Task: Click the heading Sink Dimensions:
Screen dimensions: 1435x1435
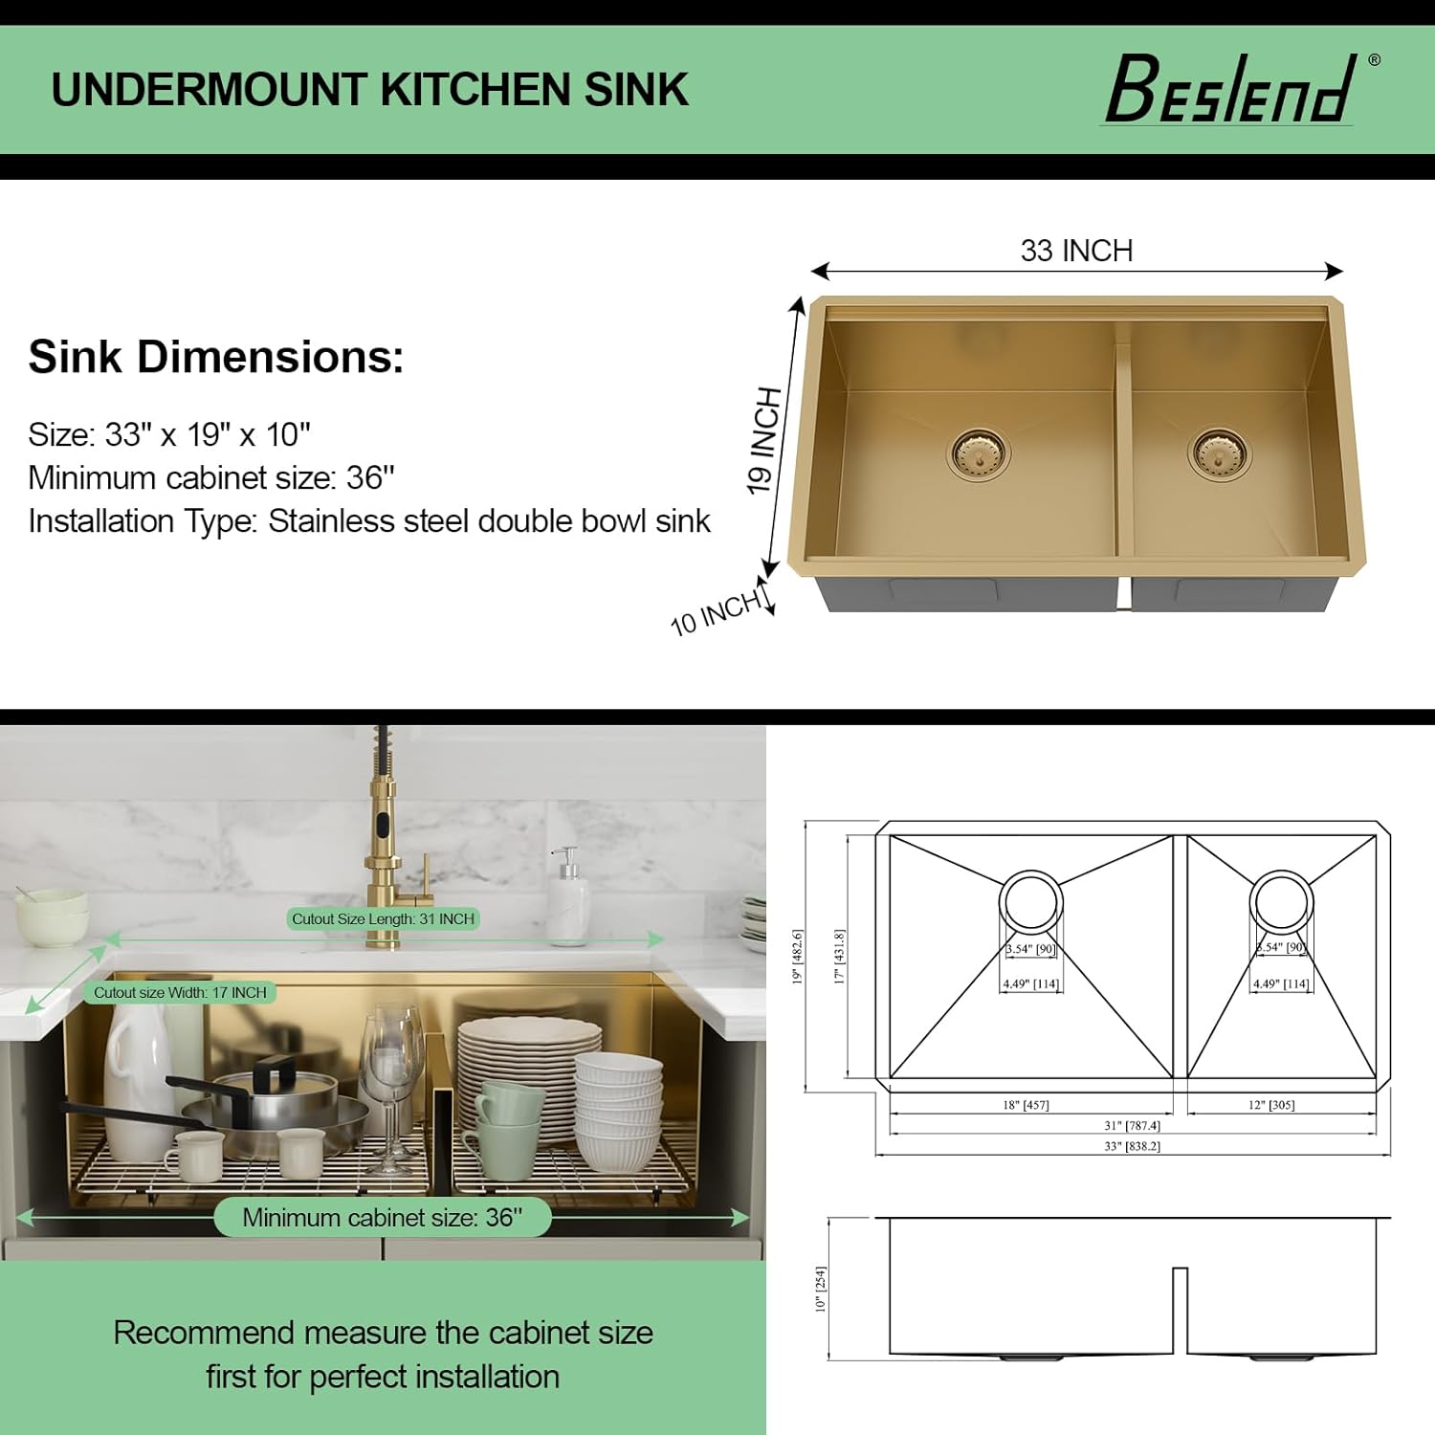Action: [x=216, y=357]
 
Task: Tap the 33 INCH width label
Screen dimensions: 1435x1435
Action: [x=1076, y=251]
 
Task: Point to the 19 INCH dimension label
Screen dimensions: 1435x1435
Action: [x=764, y=440]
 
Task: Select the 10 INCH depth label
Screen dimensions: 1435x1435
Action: [x=717, y=612]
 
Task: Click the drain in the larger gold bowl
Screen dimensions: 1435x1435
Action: [x=979, y=452]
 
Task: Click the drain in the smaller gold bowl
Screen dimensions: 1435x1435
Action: [x=1218, y=452]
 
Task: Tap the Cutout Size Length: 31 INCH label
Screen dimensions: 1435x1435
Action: [x=383, y=918]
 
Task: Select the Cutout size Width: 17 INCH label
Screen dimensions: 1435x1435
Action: [x=180, y=992]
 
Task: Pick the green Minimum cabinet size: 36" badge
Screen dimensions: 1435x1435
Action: [x=382, y=1217]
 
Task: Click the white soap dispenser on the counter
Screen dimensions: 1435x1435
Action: [x=568, y=899]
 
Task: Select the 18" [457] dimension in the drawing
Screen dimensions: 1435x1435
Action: [x=1026, y=1105]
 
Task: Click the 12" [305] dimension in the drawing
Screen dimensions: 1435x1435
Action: [x=1271, y=1105]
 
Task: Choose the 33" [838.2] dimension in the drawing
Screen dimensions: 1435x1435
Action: [x=1132, y=1146]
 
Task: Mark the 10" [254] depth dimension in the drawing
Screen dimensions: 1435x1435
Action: [x=820, y=1289]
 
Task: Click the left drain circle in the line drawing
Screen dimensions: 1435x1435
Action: [x=1030, y=901]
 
